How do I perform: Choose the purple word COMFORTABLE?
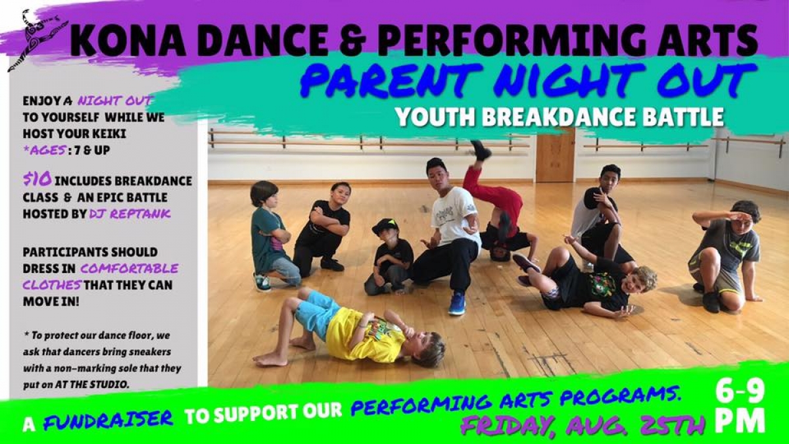coord(130,269)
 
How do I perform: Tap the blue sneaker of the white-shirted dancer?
coord(457,303)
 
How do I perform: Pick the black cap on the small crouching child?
coord(385,226)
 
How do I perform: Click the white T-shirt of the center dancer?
coord(454,217)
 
